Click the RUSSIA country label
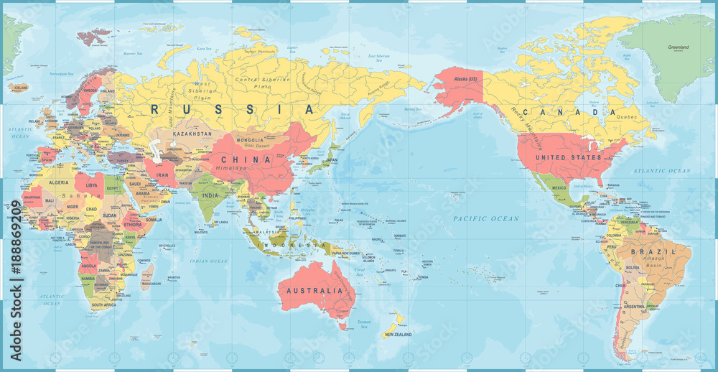233,110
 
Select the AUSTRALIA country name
314,291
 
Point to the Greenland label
678,47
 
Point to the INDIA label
210,195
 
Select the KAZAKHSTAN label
192,134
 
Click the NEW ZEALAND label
398,335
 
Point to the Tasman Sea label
365,323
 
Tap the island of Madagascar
149,276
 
